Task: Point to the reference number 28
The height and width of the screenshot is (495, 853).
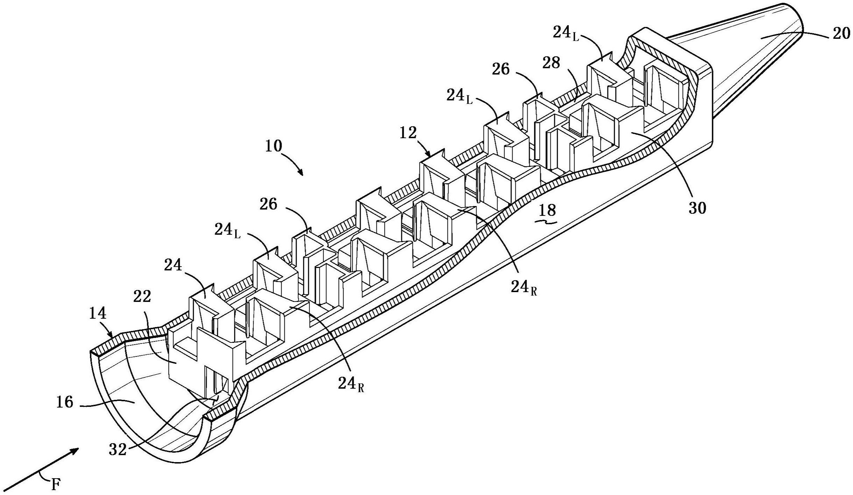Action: tap(551, 63)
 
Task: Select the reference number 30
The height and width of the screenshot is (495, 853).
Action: tap(697, 208)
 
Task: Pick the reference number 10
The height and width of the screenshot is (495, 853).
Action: tap(274, 146)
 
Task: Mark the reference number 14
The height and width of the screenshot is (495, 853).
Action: tap(97, 313)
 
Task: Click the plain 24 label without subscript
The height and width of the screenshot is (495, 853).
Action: tap(173, 265)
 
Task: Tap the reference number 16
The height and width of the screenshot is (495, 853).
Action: tap(65, 402)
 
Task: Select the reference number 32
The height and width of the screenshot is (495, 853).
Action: tap(118, 450)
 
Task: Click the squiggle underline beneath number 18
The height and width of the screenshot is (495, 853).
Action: tap(546, 221)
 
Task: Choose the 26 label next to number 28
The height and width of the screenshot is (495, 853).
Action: tap(501, 69)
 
